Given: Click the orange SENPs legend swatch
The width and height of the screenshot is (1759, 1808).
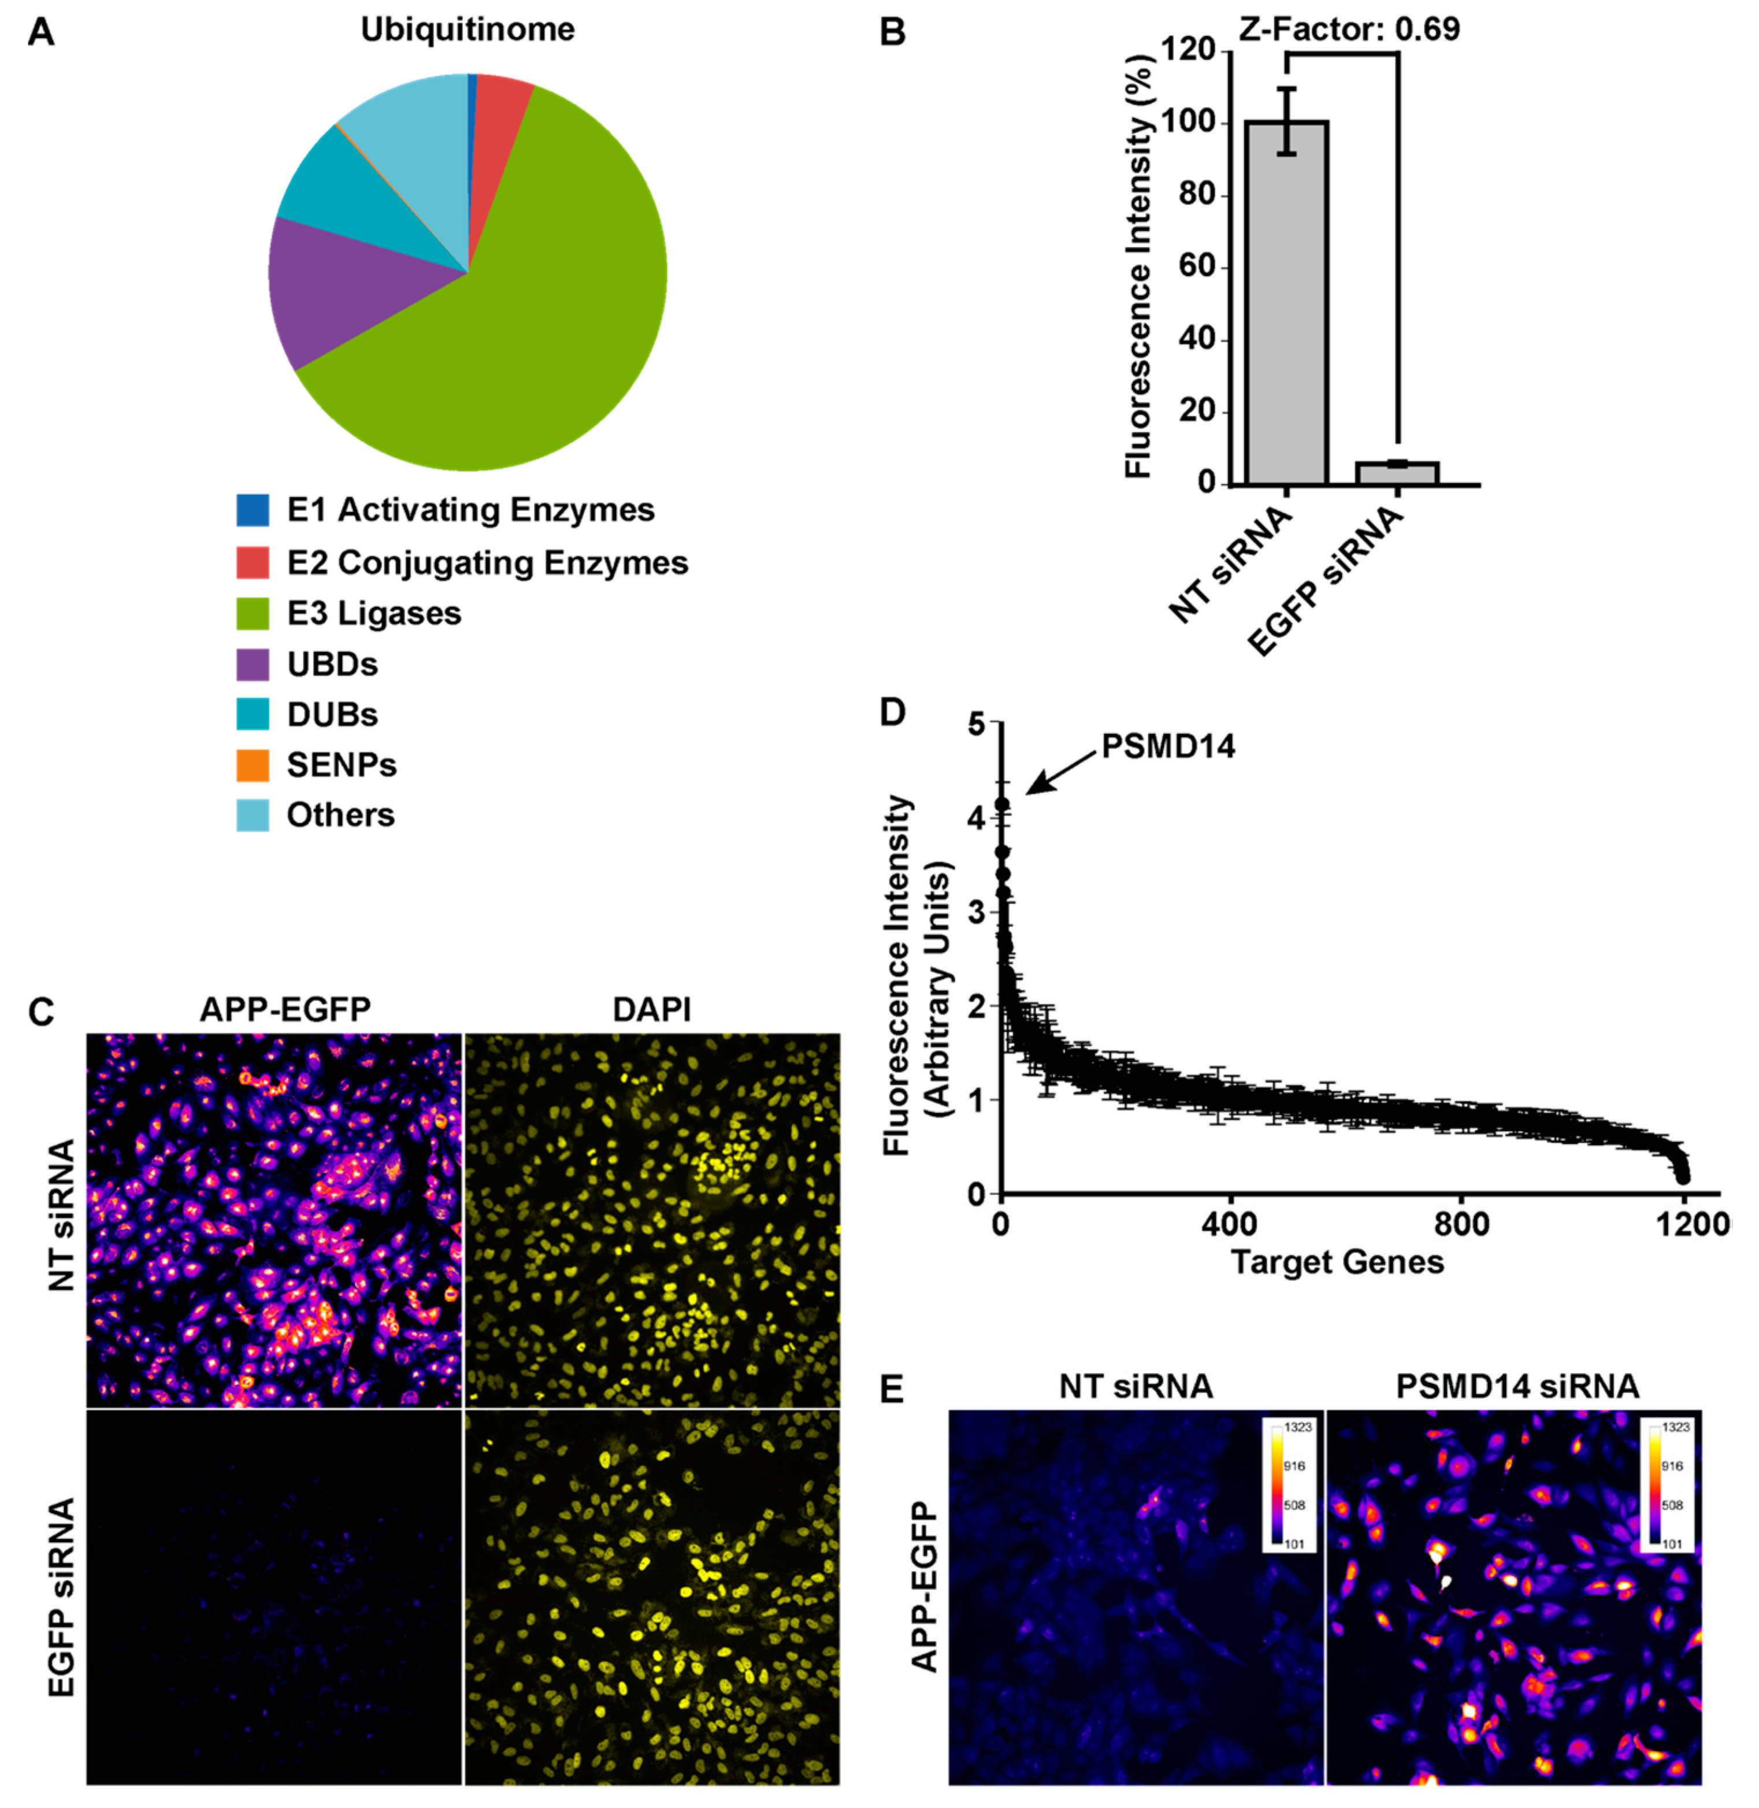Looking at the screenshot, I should tap(252, 765).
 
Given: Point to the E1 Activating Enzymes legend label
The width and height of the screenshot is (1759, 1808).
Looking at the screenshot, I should tap(470, 509).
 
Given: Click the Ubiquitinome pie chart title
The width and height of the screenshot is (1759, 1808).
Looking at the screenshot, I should tap(467, 29).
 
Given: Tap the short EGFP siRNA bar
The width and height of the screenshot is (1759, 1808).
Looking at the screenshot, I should tap(1396, 473).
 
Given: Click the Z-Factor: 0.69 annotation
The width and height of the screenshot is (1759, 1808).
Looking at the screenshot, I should tap(1349, 29).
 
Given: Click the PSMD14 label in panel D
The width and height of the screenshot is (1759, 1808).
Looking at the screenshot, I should tap(1168, 746).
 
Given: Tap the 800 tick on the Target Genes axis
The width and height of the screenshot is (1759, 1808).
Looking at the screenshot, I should tap(1461, 1225).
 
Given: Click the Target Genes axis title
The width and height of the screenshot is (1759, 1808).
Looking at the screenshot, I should tap(1337, 1262).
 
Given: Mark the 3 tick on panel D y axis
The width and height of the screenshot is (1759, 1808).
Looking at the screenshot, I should tap(977, 913).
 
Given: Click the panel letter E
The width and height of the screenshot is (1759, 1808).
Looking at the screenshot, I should tap(892, 1388).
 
